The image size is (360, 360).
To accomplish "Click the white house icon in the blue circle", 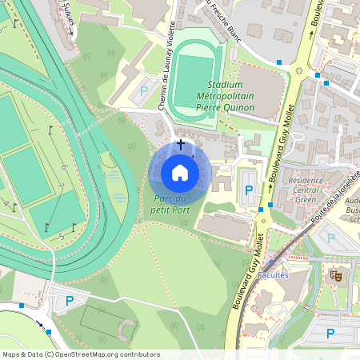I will pos(180,173).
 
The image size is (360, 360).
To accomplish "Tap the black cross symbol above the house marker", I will pos(180,144).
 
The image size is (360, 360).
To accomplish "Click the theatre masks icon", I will pos(336,275).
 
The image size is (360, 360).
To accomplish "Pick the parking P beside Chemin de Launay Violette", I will pos(144,91).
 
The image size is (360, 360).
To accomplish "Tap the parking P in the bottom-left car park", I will pos(70,301).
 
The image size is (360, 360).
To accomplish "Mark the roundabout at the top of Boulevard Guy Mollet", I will pos(299,70).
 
